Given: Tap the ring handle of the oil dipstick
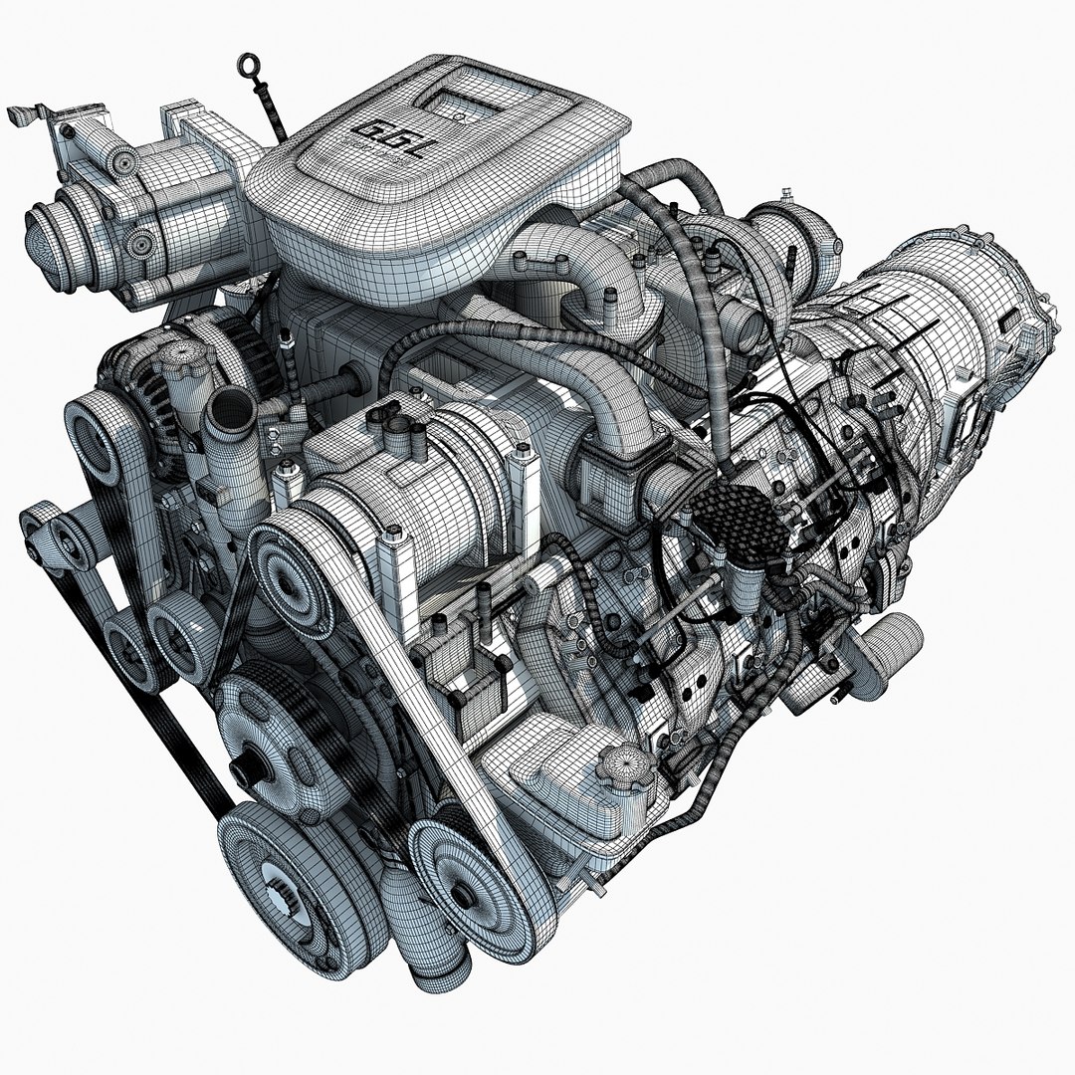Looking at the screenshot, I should pyautogui.click(x=246, y=68).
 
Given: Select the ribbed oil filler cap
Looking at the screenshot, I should pyautogui.click(x=628, y=766).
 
